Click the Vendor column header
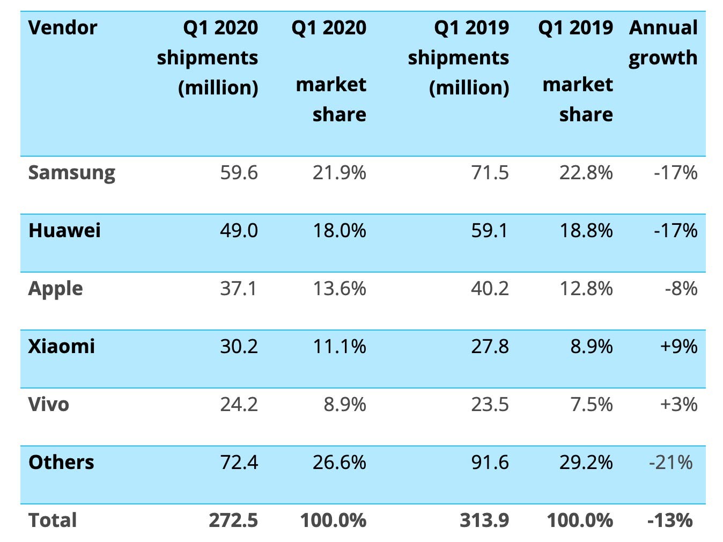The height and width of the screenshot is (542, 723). (63, 28)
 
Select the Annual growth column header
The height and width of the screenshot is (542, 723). (663, 42)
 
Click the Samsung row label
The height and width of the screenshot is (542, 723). (71, 173)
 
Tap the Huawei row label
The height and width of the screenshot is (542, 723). (64, 231)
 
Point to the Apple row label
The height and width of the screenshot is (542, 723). (55, 289)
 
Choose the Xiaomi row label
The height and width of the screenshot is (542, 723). (61, 347)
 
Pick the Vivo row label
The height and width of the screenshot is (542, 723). (48, 405)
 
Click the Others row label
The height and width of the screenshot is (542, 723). (61, 463)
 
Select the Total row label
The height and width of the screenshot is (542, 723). (53, 521)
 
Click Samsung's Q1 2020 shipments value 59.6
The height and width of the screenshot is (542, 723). (239, 173)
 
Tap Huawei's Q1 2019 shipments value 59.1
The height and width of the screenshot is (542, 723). (489, 231)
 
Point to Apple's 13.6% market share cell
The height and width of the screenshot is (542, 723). (339, 289)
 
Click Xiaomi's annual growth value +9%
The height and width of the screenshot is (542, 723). (678, 347)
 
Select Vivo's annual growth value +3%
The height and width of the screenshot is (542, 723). (678, 405)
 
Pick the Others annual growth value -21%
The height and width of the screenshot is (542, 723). (670, 463)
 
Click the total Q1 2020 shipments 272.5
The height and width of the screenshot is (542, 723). (233, 521)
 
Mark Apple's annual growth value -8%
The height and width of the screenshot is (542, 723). (681, 289)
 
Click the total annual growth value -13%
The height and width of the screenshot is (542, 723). (670, 521)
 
